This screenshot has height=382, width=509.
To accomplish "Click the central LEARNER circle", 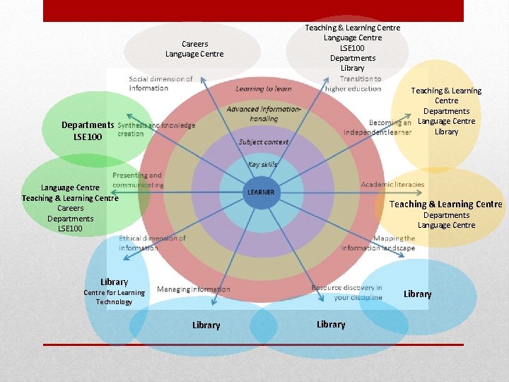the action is [261, 192].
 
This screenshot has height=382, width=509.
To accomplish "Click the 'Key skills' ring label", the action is [263, 164].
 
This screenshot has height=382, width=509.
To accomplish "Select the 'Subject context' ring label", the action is [264, 141].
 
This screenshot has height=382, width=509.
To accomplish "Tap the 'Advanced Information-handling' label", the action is [264, 114].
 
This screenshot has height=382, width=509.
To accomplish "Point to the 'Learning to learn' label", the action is [263, 88].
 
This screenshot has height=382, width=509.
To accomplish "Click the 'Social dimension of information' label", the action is [160, 83].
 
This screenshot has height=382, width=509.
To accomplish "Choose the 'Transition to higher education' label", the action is [353, 83].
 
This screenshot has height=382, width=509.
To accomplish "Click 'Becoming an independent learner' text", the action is [378, 127].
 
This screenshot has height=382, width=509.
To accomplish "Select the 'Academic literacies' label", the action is [392, 185].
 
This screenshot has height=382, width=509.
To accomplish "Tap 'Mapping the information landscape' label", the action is [378, 243].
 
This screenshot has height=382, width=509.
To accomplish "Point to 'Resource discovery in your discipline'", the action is [347, 293].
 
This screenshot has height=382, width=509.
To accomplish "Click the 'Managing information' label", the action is [193, 289].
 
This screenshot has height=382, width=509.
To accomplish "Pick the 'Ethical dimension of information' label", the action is [152, 243].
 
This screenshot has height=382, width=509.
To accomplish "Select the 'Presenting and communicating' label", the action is [137, 180].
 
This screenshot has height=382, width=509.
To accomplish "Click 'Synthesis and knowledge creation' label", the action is [156, 129].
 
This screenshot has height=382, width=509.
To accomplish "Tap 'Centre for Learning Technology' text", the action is [114, 297].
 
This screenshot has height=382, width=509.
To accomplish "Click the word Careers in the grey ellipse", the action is [194, 44].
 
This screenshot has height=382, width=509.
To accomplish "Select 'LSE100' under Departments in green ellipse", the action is [88, 136].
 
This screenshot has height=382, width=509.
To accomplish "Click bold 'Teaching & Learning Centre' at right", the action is [446, 204].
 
